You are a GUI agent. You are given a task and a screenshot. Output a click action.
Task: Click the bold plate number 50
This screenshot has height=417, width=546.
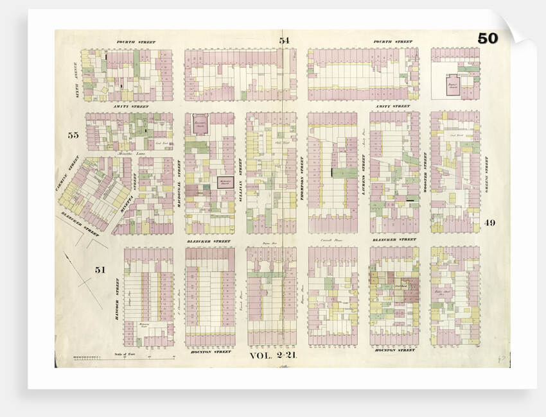(x=487, y=38)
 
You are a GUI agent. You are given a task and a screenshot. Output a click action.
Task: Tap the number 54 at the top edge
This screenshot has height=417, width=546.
(x=284, y=41)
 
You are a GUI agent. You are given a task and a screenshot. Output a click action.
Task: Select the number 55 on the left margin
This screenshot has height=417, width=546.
(x=73, y=135)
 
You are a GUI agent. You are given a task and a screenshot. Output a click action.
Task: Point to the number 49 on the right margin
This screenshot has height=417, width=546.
(x=490, y=223)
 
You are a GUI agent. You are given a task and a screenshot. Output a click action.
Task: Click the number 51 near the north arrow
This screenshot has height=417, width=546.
(x=100, y=270)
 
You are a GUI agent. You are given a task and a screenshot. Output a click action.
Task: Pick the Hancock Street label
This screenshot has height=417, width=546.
(x=118, y=296)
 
